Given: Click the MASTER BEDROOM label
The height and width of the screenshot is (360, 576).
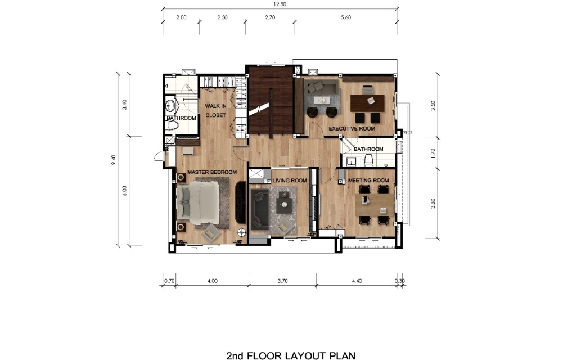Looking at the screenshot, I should click(x=212, y=172).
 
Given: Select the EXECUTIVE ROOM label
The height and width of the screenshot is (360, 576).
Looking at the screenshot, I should click(x=352, y=129).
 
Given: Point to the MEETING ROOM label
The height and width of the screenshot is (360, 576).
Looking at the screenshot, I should click(x=368, y=181).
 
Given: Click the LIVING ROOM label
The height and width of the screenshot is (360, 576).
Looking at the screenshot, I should click(x=290, y=181).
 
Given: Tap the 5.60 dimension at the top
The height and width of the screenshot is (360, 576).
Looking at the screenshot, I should click(x=345, y=17).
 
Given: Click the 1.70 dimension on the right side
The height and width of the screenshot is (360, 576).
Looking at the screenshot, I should click(x=433, y=152).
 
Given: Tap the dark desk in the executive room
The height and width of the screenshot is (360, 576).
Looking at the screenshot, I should click(x=367, y=103).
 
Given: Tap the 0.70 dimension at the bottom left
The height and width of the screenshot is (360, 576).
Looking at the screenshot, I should click(x=169, y=280).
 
